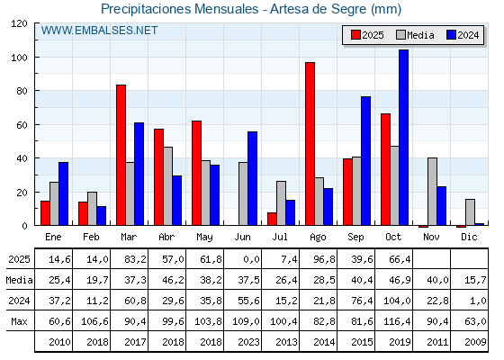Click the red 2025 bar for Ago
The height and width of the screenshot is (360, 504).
310,144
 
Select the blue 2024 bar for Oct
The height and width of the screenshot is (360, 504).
403,138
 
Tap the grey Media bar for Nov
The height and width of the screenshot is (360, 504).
432,192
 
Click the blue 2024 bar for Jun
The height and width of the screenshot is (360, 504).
252,178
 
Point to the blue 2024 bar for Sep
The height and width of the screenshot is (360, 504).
365,161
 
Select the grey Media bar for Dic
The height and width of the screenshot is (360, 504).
470,212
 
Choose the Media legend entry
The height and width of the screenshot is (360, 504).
413,35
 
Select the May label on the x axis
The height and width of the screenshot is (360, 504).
204,237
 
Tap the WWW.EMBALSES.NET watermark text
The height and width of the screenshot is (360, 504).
99,31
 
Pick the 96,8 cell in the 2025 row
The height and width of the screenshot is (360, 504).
318,259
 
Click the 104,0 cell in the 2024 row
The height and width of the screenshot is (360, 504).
393,301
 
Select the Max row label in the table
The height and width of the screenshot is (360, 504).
18,321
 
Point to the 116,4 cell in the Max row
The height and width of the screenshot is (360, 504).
393,321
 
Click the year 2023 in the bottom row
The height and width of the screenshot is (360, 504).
242,342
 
